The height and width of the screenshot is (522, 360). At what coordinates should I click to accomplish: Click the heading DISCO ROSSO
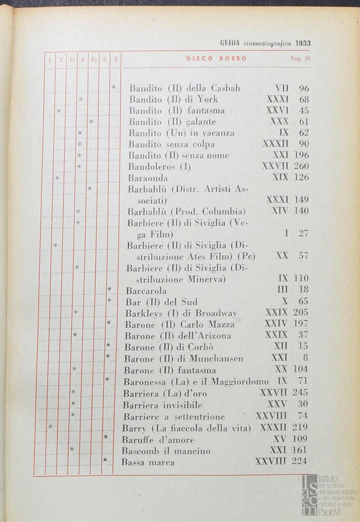point(216,58)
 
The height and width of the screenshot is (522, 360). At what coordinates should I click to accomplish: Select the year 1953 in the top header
point(303,43)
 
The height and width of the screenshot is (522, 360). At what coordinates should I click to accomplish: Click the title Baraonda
point(148,177)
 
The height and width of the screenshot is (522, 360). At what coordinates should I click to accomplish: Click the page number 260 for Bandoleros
point(301,166)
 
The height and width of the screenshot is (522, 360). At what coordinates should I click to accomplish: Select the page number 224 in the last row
point(299,462)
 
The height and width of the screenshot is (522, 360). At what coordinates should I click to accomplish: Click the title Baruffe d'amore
point(158,440)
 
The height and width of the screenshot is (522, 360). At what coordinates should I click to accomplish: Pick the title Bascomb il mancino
point(166,451)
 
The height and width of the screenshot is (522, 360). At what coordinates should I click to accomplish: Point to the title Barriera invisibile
point(162,405)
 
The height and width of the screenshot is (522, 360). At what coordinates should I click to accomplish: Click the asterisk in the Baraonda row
point(57,178)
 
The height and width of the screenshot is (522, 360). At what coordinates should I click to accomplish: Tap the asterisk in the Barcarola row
point(110,290)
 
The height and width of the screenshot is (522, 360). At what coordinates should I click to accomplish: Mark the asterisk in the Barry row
point(50,426)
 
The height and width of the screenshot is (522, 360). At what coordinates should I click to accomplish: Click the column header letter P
point(50,59)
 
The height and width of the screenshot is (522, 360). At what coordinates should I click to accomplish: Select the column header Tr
point(72,59)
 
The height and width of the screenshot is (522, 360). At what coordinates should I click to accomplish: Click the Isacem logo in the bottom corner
point(329,494)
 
